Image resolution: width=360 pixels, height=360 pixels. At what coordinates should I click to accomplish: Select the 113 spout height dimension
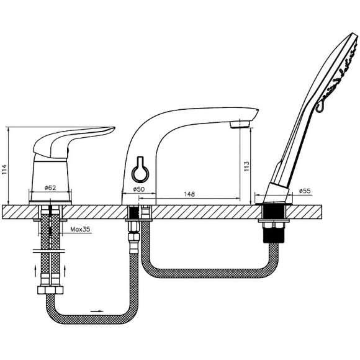(246, 167)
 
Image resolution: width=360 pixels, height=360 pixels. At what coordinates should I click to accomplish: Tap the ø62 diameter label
(50, 187)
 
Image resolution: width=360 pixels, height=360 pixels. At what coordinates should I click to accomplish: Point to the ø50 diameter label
(139, 189)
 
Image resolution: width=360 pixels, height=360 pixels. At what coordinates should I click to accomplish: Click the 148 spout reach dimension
(189, 194)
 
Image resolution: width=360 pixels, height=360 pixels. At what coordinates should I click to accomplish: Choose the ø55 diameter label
(305, 191)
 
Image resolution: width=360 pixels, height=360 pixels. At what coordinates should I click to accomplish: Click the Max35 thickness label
(80, 229)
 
